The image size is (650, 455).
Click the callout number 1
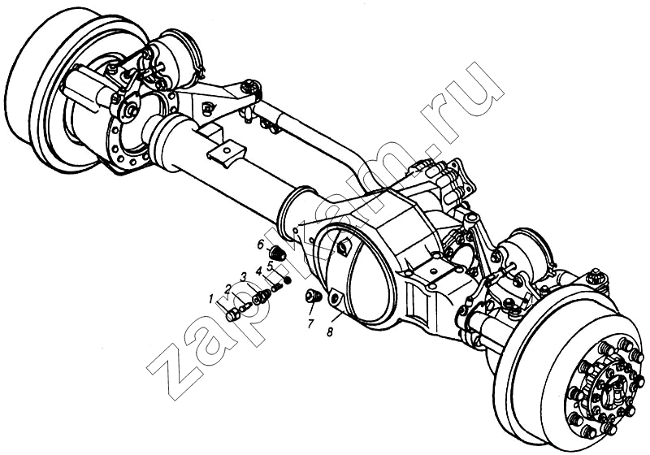pos(211,299)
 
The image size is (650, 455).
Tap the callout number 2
pos(228,288)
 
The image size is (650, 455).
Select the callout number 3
pos(244,276)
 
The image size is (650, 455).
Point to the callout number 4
pos(259,271)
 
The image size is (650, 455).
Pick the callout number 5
pos(270,266)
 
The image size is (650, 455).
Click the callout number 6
pos(260,245)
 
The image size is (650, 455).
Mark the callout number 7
pos(310,323)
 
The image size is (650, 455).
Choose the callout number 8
pos(330,332)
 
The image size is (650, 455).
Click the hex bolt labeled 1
pos(232,315)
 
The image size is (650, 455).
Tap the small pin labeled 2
pos(245,307)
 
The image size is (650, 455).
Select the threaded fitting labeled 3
pos(261,297)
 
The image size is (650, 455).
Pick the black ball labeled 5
pos(287,282)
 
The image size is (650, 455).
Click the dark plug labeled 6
pos(277,252)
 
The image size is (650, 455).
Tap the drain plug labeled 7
pos(313,296)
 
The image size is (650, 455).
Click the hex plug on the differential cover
pos(344,249)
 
